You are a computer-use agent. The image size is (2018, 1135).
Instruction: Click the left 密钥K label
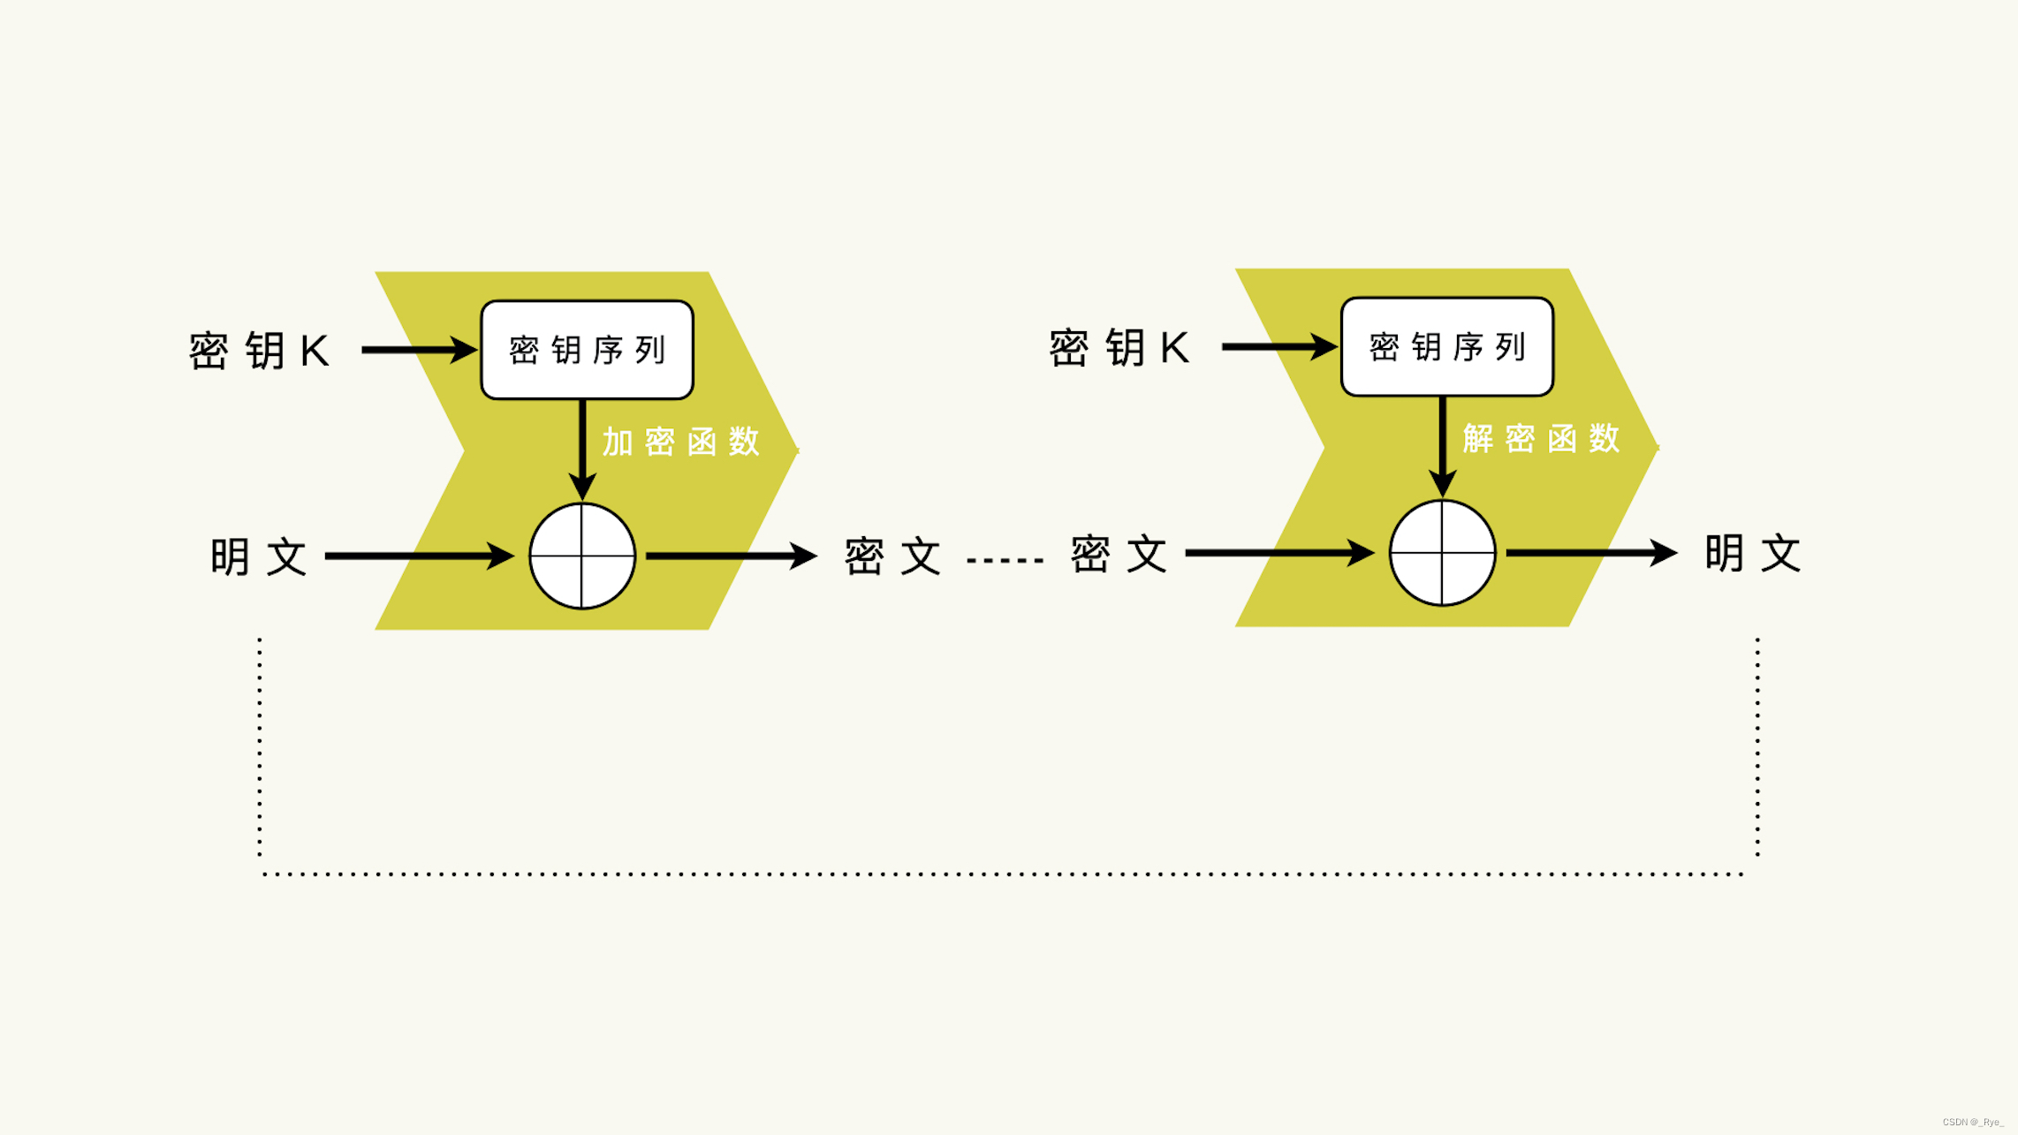pyautogui.click(x=259, y=351)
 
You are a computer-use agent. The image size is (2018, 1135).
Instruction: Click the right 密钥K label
pyautogui.click(x=1119, y=347)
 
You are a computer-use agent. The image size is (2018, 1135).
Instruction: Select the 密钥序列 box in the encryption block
pyautogui.click(x=587, y=350)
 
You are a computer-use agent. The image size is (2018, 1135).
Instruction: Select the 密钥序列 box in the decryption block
pyautogui.click(x=1446, y=346)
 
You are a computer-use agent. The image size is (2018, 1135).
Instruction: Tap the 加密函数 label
pyautogui.click(x=680, y=442)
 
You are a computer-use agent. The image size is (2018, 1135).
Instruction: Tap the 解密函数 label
pyautogui.click(x=1541, y=438)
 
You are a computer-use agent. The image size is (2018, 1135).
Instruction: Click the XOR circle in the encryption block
pyautogui.click(x=582, y=556)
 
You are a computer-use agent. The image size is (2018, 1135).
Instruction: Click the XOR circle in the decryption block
pyautogui.click(x=1442, y=553)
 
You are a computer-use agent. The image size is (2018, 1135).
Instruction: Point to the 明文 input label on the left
pyautogui.click(x=258, y=556)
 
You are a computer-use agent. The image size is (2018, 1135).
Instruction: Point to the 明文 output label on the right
pyautogui.click(x=1752, y=554)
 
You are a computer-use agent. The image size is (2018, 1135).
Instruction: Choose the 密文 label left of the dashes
pyautogui.click(x=892, y=556)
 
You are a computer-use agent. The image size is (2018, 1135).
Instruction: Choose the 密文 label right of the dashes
pyautogui.click(x=1119, y=555)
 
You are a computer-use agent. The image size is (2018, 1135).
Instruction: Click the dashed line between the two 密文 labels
pyautogui.click(x=1005, y=560)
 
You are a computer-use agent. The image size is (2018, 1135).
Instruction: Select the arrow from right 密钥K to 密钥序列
pyautogui.click(x=1278, y=346)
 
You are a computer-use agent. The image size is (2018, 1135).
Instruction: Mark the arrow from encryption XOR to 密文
pyautogui.click(x=730, y=556)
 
